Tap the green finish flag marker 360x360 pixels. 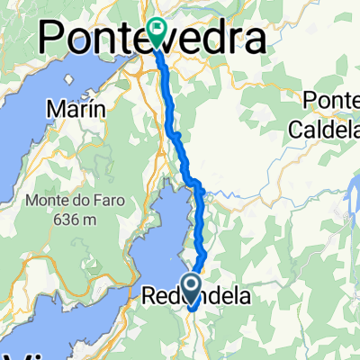tap(157, 33)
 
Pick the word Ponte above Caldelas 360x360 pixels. tap(335, 100)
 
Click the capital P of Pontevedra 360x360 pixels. tap(58, 38)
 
